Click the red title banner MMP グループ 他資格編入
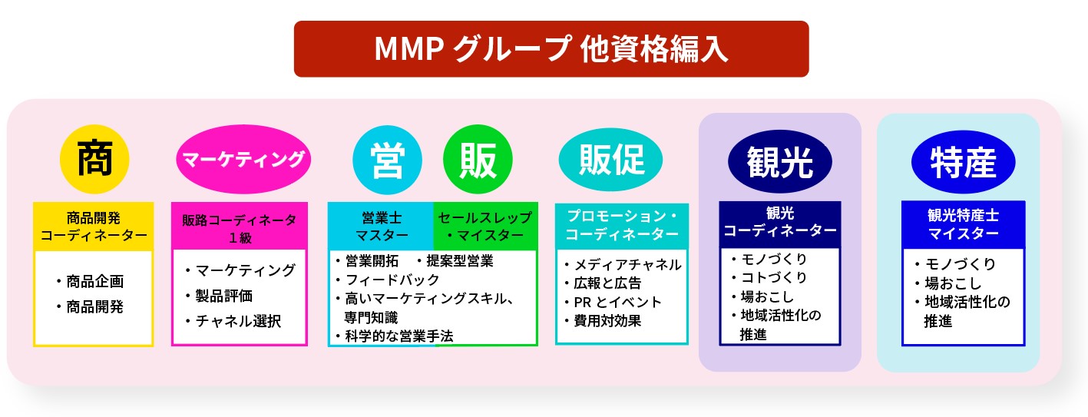click(551, 49)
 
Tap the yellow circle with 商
click(94, 160)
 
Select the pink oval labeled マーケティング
click(243, 160)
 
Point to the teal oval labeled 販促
click(612, 160)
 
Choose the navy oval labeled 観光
click(779, 161)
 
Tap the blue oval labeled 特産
click(963, 162)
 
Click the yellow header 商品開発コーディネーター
click(94, 227)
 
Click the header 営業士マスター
click(381, 227)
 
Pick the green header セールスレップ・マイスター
click(485, 227)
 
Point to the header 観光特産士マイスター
click(963, 224)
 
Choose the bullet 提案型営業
click(459, 261)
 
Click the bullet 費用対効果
click(607, 321)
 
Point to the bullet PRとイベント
click(617, 302)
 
